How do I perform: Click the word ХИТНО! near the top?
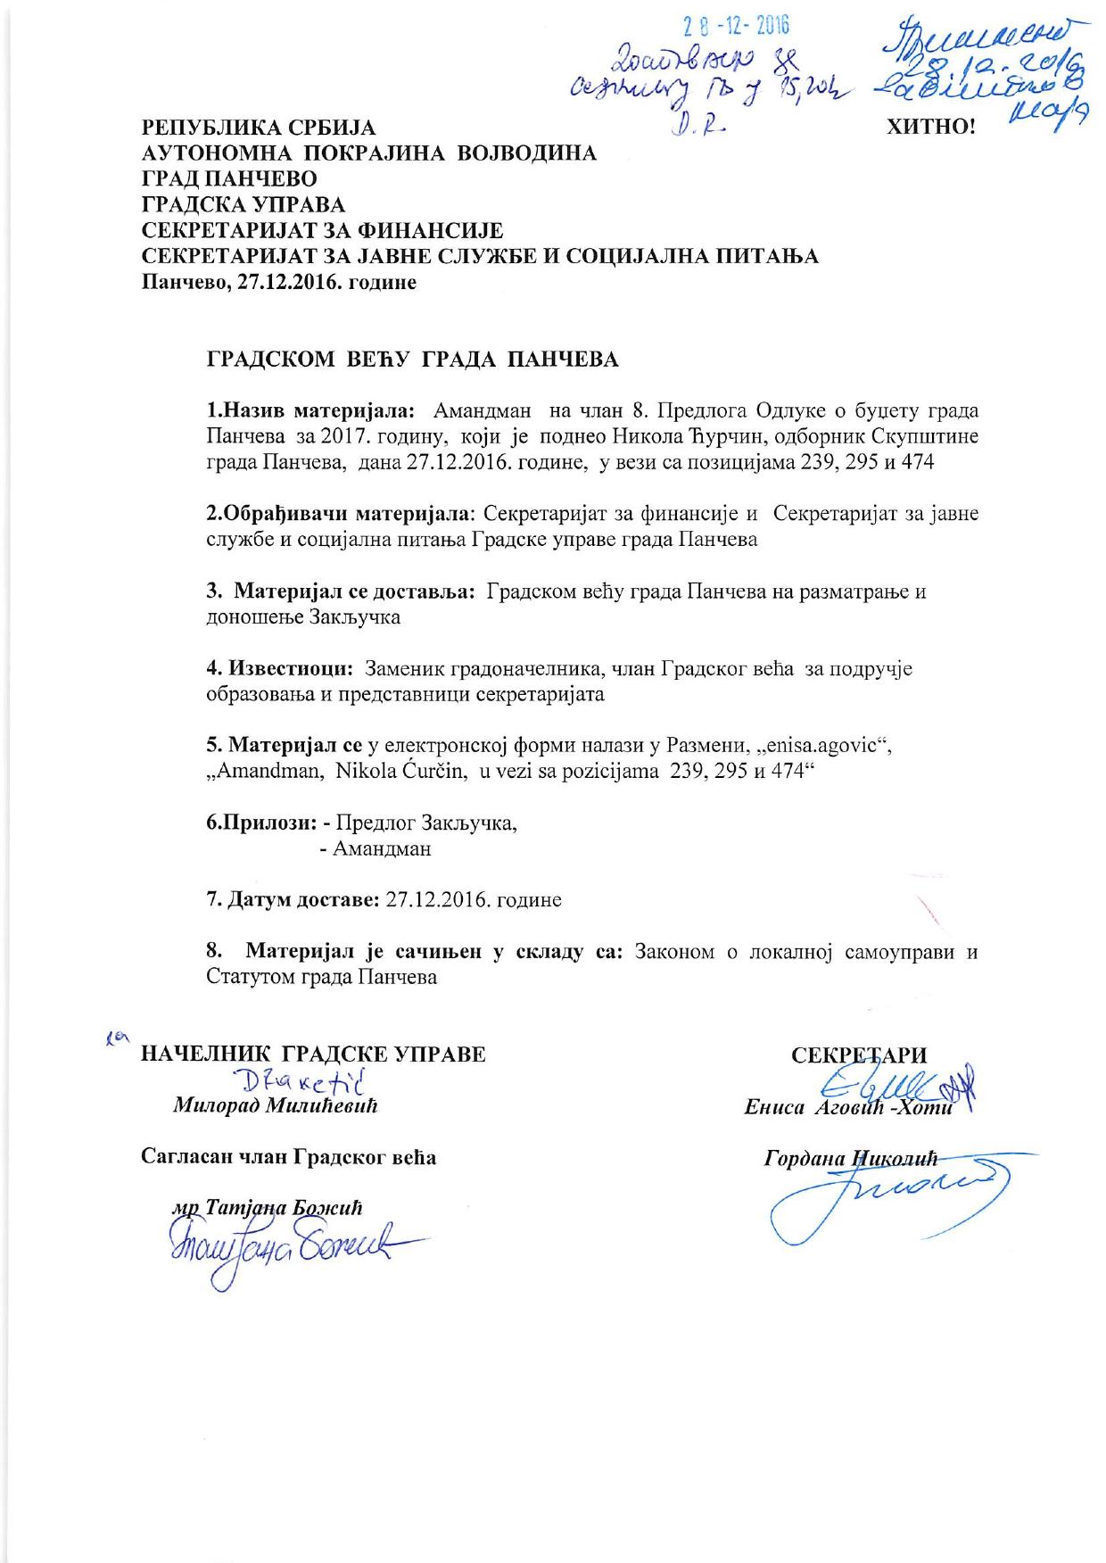point(930,127)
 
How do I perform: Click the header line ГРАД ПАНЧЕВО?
point(229,179)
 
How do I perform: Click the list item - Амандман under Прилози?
point(375,848)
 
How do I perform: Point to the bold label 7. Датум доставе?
point(294,899)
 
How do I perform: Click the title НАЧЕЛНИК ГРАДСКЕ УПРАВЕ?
point(314,1054)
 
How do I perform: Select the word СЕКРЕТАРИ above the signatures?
point(860,1054)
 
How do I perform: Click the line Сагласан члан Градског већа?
point(289,1157)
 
